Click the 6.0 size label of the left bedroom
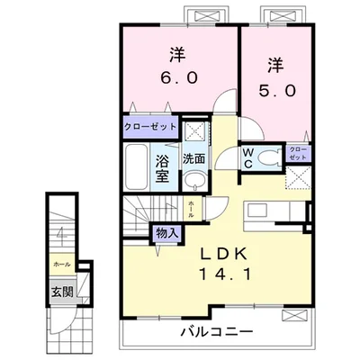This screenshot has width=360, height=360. [x=180, y=77]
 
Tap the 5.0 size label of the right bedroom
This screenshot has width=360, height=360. [x=275, y=90]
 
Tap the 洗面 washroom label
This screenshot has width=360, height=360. [x=194, y=159]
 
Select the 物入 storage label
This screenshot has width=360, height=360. [x=167, y=233]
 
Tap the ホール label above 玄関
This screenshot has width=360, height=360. [x=62, y=265]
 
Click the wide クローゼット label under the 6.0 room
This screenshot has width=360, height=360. [x=150, y=126]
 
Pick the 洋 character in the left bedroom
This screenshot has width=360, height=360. [x=180, y=52]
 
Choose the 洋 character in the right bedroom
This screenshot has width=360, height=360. [x=274, y=65]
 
